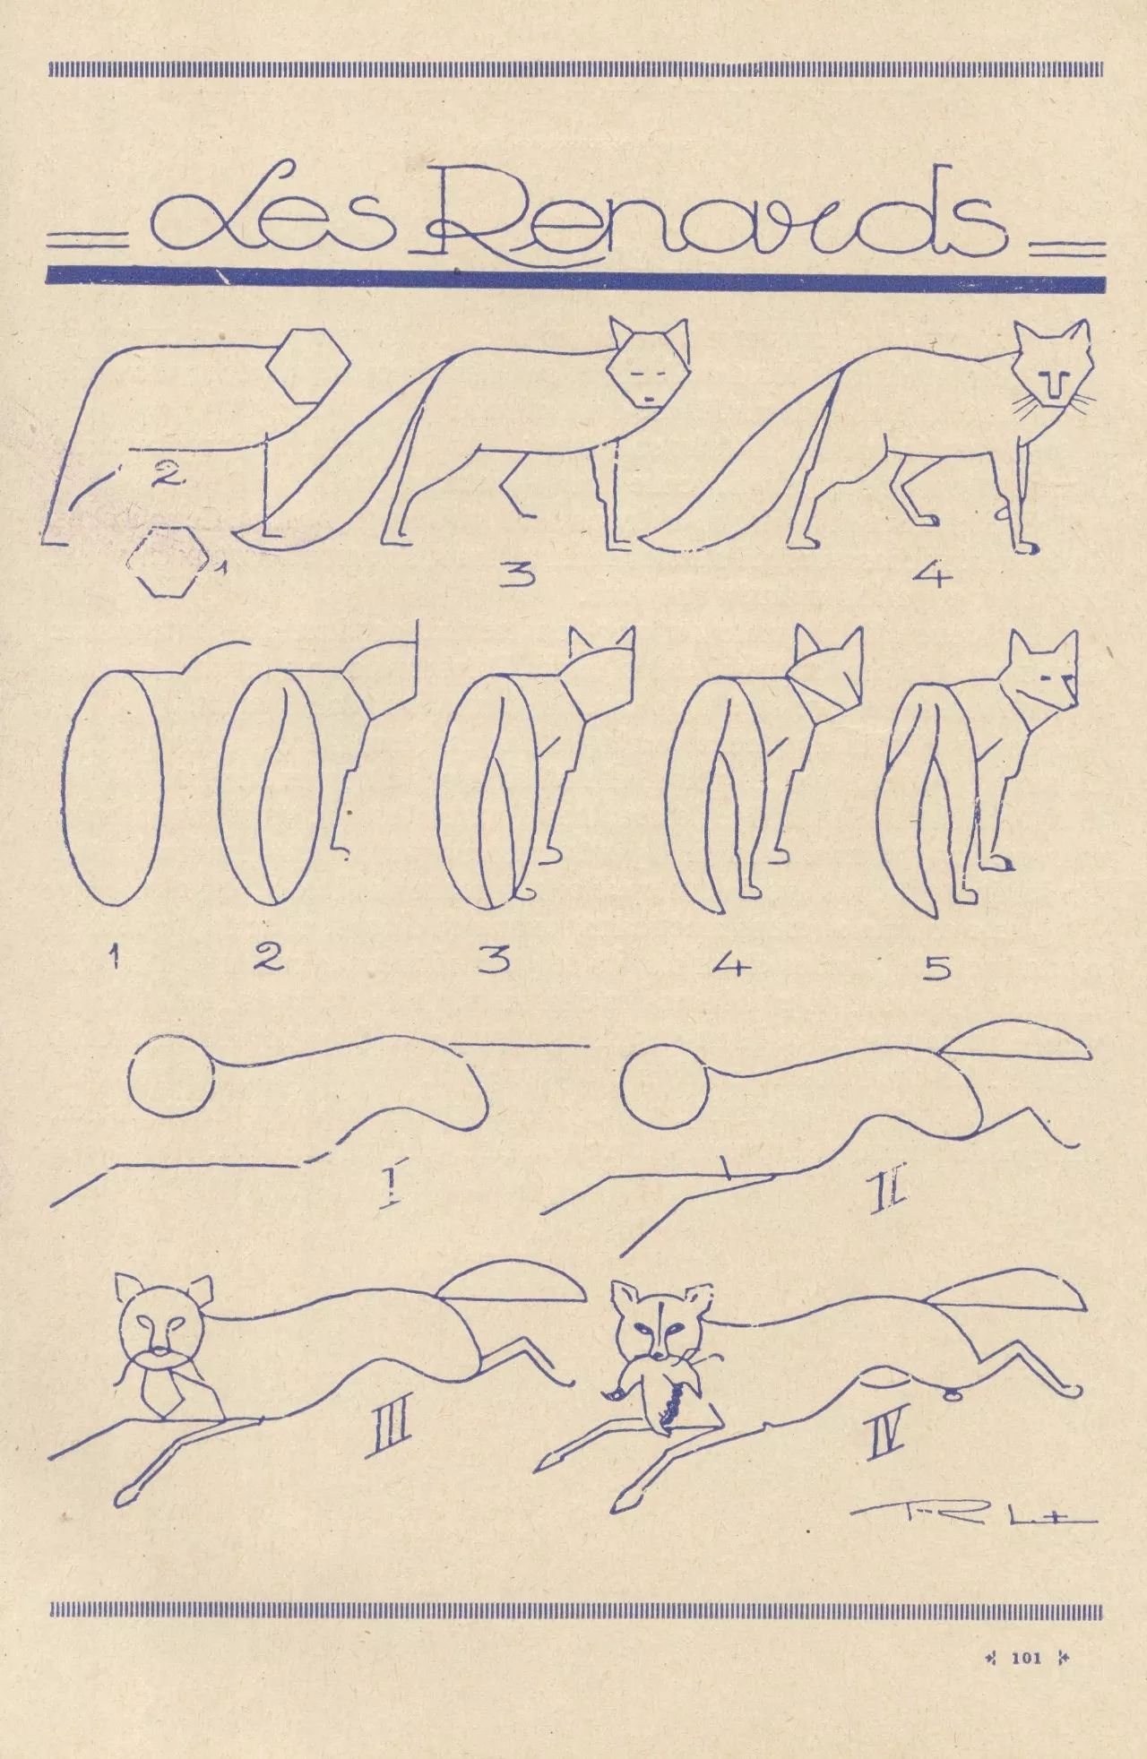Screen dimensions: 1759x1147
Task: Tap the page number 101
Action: pyautogui.click(x=1025, y=1658)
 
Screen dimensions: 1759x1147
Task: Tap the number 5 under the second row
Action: pyautogui.click(x=936, y=968)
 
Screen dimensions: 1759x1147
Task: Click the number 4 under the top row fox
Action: pyautogui.click(x=932, y=576)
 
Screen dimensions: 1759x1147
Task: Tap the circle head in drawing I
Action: pyautogui.click(x=172, y=1074)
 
